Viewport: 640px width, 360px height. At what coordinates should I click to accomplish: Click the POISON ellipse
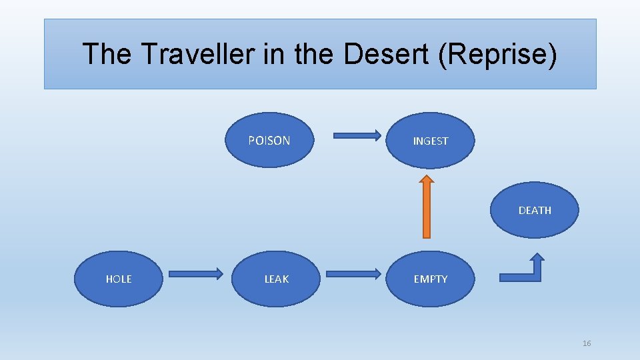269,140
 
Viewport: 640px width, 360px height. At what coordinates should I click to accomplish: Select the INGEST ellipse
431,141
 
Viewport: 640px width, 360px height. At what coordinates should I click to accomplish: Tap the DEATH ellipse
535,210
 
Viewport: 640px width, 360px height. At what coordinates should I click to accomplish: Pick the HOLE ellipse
119,279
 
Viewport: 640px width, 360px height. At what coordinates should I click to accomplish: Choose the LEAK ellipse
277,279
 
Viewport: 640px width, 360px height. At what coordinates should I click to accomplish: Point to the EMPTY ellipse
431,279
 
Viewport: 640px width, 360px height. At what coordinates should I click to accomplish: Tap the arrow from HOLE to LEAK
195,273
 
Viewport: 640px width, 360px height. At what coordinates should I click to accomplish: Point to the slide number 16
587,343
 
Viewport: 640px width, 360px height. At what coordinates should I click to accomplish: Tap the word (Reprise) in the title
497,54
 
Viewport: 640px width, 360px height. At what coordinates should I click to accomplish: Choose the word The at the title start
107,54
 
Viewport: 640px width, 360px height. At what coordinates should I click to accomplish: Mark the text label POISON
269,140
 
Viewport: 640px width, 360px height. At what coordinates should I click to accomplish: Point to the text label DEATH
535,210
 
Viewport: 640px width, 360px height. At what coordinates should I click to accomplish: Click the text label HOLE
119,279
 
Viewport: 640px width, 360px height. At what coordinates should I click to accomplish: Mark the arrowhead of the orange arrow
427,180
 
